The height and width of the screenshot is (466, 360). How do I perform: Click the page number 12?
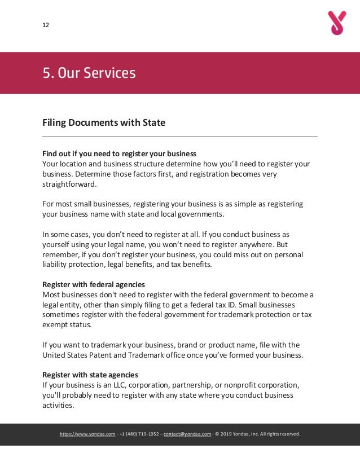pyautogui.click(x=46, y=25)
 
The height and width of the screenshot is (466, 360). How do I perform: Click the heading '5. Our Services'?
pyautogui.click(x=89, y=73)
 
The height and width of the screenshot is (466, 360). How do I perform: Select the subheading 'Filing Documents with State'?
pyautogui.click(x=104, y=122)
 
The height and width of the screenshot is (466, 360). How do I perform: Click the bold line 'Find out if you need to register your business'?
pyautogui.click(x=120, y=153)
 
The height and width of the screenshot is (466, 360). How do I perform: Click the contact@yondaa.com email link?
pyautogui.click(x=187, y=434)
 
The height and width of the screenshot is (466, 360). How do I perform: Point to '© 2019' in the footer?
pyautogui.click(x=225, y=434)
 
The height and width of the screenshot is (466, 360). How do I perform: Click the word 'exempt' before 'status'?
pyautogui.click(x=55, y=324)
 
